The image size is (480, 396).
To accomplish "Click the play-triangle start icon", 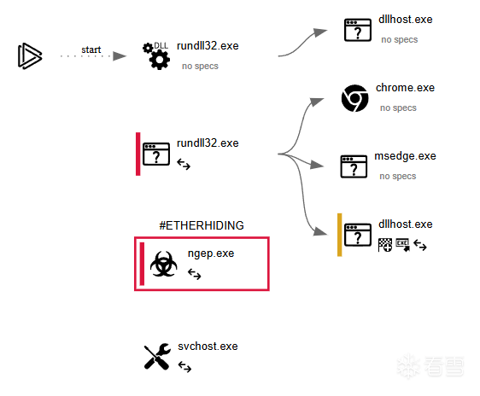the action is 30,56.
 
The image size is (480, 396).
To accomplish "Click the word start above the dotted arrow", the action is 91,49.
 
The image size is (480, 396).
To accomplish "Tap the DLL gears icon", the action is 156,55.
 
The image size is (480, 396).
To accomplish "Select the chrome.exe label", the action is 405,88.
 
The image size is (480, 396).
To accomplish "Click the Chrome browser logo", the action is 354,98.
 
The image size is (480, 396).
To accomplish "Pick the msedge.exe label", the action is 405,156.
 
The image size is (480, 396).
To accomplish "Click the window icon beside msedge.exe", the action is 354,166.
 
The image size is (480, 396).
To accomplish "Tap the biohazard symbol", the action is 163,265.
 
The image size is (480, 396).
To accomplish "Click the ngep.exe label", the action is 211,253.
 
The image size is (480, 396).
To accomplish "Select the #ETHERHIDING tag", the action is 202,225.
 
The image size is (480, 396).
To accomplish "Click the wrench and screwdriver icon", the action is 157,356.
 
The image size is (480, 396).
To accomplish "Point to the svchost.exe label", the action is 208,346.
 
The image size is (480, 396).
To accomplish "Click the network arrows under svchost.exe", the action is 184,367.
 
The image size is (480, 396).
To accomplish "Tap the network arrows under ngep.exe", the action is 195,274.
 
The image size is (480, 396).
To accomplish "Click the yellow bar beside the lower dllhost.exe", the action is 339,235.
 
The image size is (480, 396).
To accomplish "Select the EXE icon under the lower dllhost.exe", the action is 402,245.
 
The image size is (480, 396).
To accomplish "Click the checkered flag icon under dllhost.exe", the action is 385,245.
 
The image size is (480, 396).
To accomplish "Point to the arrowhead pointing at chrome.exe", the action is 317,102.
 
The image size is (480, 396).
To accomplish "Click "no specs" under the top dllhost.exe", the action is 399,40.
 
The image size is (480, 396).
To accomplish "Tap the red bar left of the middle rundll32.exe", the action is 138,154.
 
